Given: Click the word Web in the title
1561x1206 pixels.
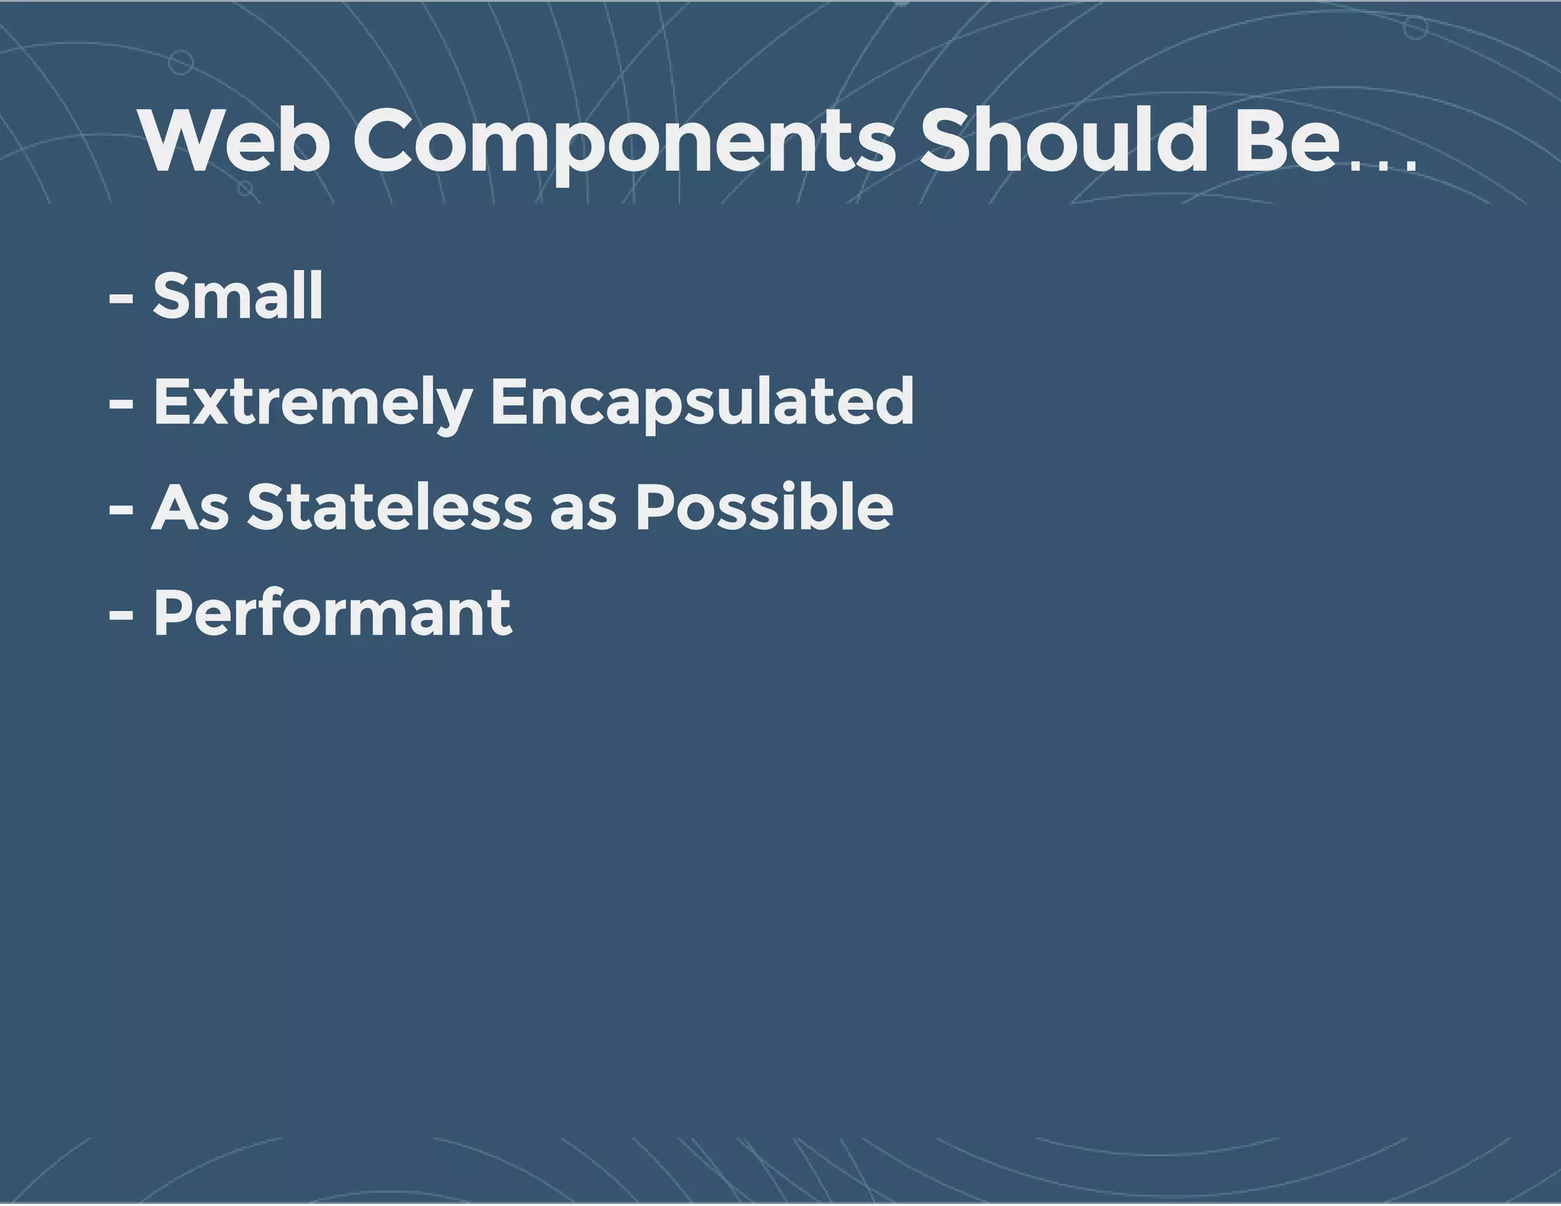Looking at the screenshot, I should tap(235, 142).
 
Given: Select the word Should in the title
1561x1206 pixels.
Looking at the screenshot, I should tap(1063, 142).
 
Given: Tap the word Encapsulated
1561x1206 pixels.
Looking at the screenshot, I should tap(701, 403).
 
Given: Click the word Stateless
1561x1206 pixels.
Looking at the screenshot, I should tap(389, 508).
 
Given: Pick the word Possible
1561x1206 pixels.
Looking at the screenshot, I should tap(764, 508).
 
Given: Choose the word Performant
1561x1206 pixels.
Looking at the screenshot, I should tap(332, 613).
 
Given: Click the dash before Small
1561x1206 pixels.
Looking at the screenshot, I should tap(121, 299).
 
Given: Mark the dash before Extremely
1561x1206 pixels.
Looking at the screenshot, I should tap(121, 405).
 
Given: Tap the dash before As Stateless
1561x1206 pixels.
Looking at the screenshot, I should tap(121, 510).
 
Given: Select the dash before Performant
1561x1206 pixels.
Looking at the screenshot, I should tap(121, 615).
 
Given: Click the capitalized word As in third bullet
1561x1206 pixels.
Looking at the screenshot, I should tap(190, 508).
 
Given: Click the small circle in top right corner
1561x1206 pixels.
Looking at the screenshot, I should tap(1415, 28).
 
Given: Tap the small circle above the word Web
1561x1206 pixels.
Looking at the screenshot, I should tap(181, 63).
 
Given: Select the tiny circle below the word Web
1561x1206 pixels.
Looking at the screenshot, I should tap(245, 188).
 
